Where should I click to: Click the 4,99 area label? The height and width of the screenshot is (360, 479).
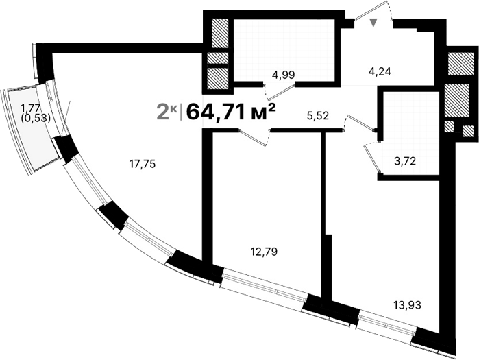[282, 73]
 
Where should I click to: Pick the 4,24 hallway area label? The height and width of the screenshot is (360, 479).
[380, 71]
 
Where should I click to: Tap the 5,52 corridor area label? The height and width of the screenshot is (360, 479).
[318, 116]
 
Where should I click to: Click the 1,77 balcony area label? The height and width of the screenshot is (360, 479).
[29, 107]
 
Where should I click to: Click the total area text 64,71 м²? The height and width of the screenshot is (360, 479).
[231, 110]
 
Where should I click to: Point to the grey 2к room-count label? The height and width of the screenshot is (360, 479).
[167, 110]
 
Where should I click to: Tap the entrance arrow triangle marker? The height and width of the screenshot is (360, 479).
[373, 23]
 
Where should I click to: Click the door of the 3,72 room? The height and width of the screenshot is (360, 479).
[372, 156]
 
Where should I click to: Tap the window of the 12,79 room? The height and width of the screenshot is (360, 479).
[264, 287]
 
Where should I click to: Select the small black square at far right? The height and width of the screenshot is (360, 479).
[468, 130]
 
